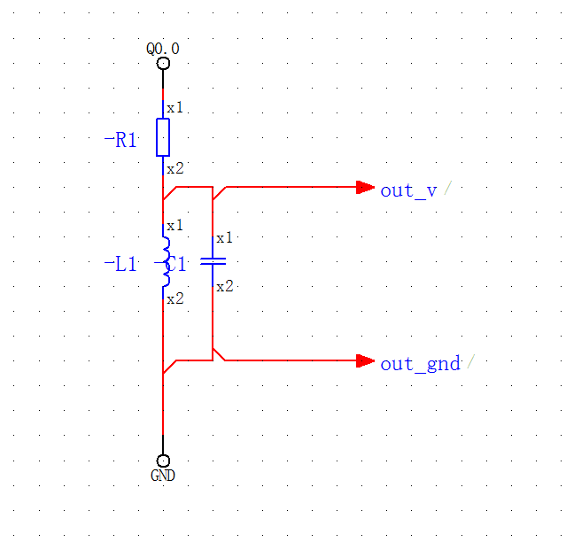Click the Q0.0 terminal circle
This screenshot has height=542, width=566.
(163, 63)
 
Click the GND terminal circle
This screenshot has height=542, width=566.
(163, 461)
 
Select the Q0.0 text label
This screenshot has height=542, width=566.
(163, 49)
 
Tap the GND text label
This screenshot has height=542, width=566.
(163, 476)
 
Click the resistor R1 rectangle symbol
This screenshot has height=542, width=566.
(163, 137)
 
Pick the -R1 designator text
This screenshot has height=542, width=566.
(120, 139)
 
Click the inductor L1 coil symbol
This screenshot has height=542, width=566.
(165, 261)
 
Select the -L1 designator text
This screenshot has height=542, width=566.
(120, 264)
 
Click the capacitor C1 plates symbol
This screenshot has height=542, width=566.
(213, 261)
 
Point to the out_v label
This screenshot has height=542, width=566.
(408, 190)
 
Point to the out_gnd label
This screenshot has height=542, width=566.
(420, 363)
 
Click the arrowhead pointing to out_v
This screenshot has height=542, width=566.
(365, 187)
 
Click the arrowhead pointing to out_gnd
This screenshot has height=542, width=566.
(365, 360)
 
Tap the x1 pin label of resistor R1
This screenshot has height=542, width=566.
(175, 107)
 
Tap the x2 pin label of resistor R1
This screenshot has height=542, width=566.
(175, 168)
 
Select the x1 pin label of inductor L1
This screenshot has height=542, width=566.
(175, 225)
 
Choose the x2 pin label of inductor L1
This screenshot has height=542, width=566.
(175, 298)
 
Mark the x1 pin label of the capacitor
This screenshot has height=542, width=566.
(224, 237)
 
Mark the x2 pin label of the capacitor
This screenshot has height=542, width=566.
(224, 286)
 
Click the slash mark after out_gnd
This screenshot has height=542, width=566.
(470, 361)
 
